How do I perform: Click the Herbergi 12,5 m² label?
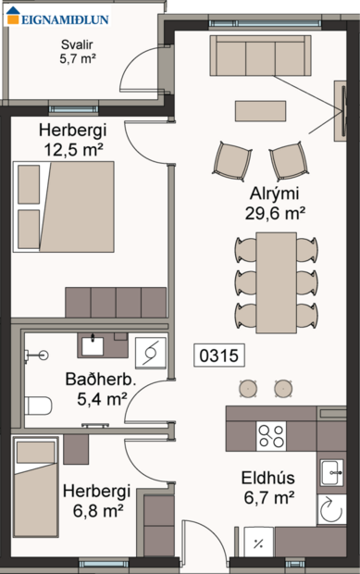[x=71, y=139]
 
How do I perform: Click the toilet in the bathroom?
[x=37, y=406]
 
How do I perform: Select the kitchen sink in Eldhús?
[x=330, y=473]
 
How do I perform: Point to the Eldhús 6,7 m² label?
[x=268, y=488]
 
